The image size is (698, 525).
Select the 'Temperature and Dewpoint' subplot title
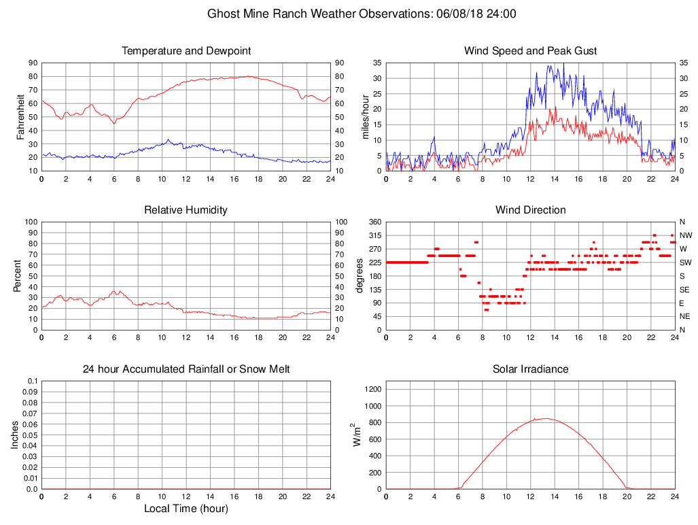point(186,51)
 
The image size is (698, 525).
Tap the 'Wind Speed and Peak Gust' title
point(530,51)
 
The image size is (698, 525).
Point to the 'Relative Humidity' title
point(186,210)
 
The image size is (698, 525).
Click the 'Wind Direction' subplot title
point(530,210)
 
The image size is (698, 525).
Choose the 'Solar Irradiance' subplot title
point(530,369)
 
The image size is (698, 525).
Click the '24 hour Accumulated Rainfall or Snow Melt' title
point(186,369)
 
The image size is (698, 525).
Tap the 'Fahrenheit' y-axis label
point(21,116)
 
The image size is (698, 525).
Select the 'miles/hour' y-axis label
point(366,116)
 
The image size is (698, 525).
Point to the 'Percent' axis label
point(17,275)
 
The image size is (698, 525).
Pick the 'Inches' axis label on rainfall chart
point(15,435)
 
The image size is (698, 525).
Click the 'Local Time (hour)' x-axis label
point(186,509)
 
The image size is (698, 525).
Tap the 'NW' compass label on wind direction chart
point(685,235)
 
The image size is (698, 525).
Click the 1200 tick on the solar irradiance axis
point(372,389)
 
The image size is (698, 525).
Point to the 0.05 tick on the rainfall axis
point(30,435)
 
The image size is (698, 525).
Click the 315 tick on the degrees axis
point(374,235)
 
